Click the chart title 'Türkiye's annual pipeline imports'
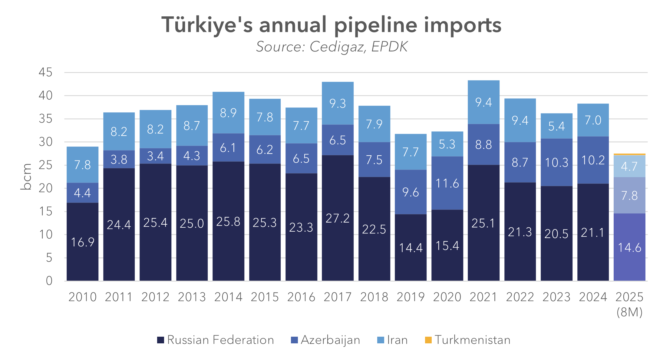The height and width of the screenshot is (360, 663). pyautogui.click(x=331, y=25)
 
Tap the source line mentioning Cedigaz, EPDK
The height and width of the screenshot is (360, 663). pyautogui.click(x=331, y=47)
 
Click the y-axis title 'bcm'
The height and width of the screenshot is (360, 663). pyautogui.click(x=27, y=177)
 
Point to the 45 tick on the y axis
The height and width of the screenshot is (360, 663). pyautogui.click(x=45, y=72)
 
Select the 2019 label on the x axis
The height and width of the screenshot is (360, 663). pyautogui.click(x=411, y=297)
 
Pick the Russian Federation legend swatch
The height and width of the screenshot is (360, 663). pyautogui.click(x=160, y=340)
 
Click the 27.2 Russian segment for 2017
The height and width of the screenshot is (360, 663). pyautogui.click(x=338, y=218)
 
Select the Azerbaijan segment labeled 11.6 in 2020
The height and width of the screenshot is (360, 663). pyautogui.click(x=447, y=183)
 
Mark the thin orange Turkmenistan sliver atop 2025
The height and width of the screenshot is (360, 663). pyautogui.click(x=629, y=154)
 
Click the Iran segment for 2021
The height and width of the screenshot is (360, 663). pyautogui.click(x=483, y=102)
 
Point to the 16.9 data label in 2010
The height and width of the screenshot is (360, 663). pyautogui.click(x=83, y=242)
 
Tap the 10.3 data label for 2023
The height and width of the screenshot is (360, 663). pyautogui.click(x=556, y=163)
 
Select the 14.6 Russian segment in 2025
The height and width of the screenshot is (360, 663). pyautogui.click(x=629, y=247)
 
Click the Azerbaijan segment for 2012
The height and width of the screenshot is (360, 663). pyautogui.click(x=155, y=156)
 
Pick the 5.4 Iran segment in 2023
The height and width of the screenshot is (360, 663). pyautogui.click(x=556, y=126)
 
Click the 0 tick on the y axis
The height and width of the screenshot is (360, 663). pyautogui.click(x=49, y=281)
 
